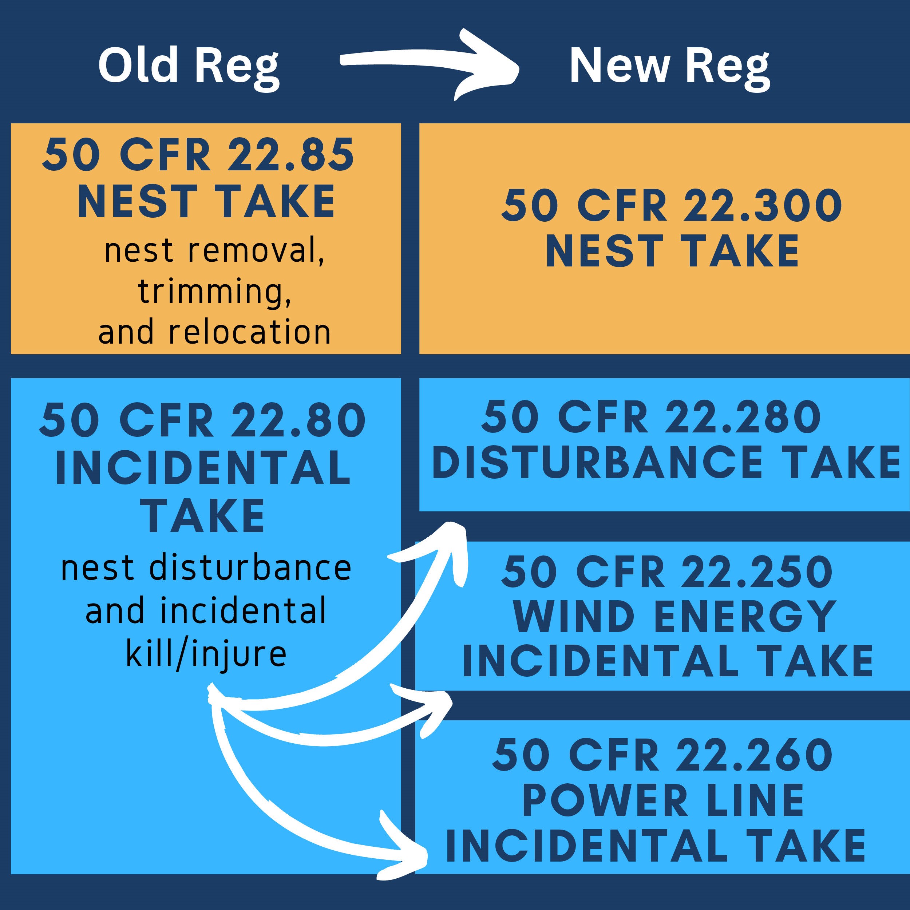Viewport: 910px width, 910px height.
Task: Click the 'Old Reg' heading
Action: click(189, 66)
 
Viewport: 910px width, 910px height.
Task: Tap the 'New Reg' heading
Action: click(669, 66)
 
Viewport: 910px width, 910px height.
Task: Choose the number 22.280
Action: click(743, 416)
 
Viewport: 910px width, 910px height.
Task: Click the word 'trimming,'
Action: click(215, 292)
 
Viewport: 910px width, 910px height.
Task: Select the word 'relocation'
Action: click(250, 332)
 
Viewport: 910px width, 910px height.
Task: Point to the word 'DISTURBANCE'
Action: click(597, 463)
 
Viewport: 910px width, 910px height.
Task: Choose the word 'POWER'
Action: click(605, 801)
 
